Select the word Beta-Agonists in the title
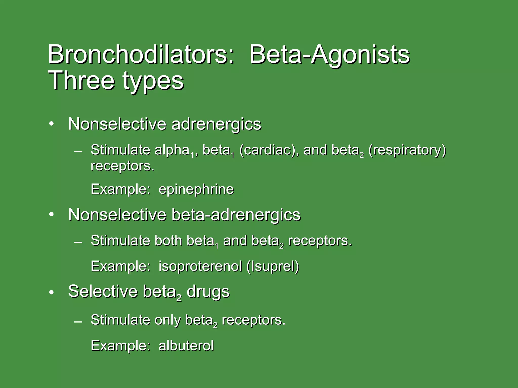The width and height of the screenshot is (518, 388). (329, 54)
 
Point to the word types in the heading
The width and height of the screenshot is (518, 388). (153, 81)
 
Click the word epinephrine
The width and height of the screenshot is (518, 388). (196, 189)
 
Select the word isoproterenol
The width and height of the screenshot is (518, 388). (200, 266)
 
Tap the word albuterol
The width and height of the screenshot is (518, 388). (186, 346)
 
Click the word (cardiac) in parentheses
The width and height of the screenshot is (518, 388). (269, 150)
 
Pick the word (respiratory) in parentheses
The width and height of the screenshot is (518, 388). (407, 150)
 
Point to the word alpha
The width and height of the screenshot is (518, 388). (172, 150)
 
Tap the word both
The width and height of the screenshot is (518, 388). (168, 240)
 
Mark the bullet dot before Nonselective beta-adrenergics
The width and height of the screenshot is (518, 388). (52, 215)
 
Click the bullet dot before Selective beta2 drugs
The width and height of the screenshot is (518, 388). (52, 293)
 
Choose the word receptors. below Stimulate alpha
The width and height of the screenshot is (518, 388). (122, 166)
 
